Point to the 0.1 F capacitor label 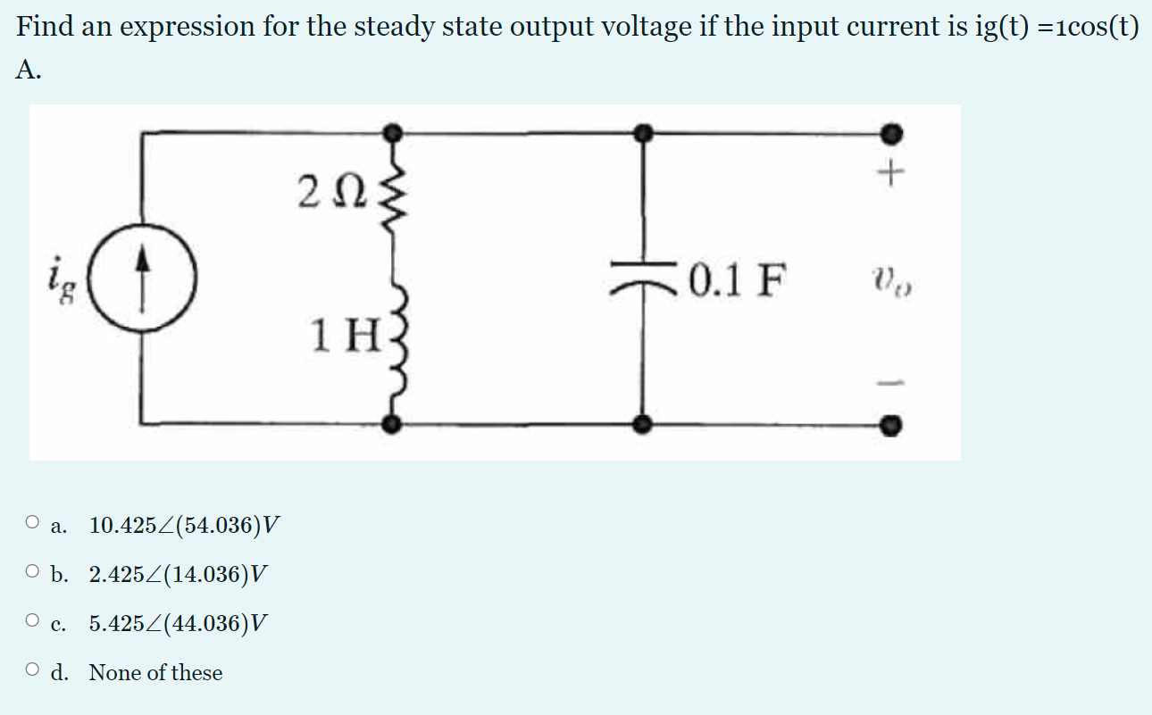point(739,283)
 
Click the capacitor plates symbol point(641,271)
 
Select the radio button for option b point(34,572)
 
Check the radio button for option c point(34,621)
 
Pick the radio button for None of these point(34,671)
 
